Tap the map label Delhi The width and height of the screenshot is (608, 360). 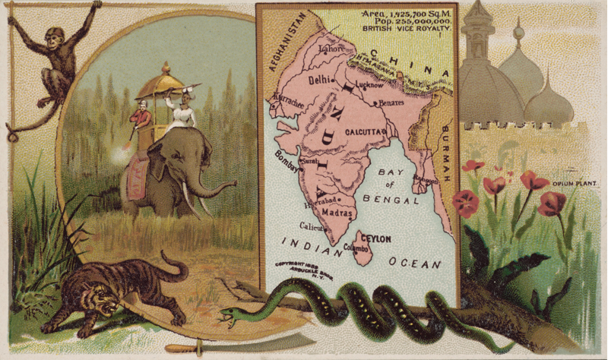click(x=320, y=79)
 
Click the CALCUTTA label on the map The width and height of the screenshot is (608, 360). click(x=368, y=131)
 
